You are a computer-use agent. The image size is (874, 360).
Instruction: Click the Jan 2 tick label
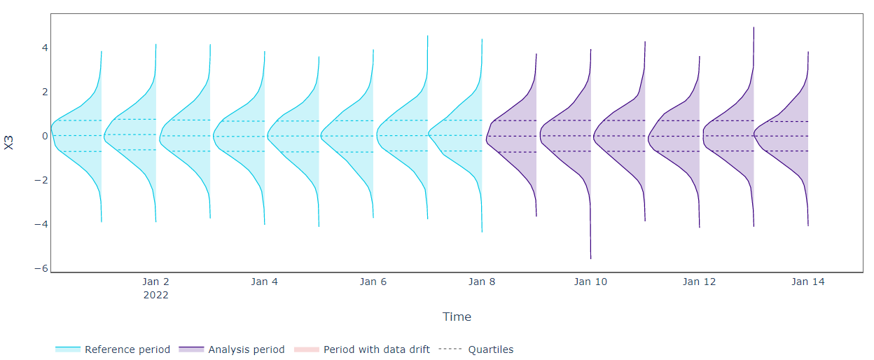(x=155, y=282)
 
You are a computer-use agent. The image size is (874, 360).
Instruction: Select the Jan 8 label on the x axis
(x=482, y=282)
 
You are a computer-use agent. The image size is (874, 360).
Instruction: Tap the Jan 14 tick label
(x=808, y=282)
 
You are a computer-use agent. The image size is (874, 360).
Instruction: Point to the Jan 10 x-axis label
(x=591, y=282)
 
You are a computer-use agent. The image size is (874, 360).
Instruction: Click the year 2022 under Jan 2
(x=155, y=295)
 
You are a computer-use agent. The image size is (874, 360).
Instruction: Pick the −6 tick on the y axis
(x=41, y=268)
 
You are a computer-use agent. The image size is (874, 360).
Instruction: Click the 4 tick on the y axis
(x=45, y=48)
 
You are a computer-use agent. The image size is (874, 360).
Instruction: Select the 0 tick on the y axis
(x=45, y=136)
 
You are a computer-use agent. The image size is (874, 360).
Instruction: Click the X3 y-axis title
(x=8, y=142)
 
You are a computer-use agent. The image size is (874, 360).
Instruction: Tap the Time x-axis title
(x=457, y=317)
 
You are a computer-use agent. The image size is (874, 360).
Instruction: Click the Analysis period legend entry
(x=232, y=349)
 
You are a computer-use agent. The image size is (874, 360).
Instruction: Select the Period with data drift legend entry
(x=362, y=349)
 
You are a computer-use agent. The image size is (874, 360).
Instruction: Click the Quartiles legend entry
(x=476, y=349)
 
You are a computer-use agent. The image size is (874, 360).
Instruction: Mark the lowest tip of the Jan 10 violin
(x=591, y=258)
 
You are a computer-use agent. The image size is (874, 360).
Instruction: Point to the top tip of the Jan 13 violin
(x=754, y=27)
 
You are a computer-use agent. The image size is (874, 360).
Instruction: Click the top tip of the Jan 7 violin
(x=428, y=36)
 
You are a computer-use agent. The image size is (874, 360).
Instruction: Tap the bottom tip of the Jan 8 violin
(x=482, y=232)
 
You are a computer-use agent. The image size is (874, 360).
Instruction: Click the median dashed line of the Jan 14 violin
(x=781, y=136)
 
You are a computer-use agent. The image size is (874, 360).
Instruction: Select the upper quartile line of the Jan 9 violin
(x=514, y=120)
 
